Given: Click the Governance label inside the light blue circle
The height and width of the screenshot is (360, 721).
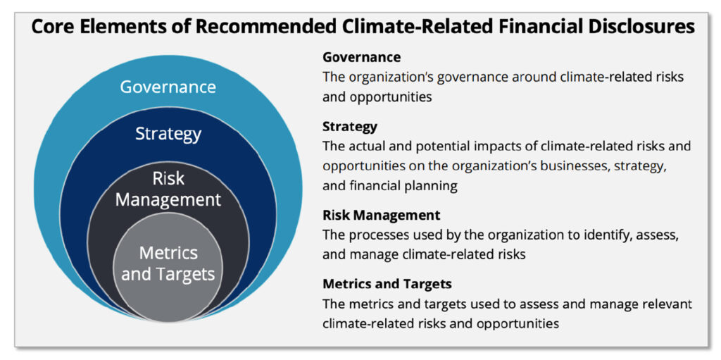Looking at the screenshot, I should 168,87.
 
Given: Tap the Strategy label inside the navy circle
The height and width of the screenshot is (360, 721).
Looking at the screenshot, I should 168,133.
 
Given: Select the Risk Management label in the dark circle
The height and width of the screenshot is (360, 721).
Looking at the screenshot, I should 168,189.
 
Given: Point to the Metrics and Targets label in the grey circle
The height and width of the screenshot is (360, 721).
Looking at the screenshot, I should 168,263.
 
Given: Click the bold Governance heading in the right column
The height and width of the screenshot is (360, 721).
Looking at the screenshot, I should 361,57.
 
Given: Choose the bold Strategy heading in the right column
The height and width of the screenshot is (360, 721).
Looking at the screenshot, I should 350,127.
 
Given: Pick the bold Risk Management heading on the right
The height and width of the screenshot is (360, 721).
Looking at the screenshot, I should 381,215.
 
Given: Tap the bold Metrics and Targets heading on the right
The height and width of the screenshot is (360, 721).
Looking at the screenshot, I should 387,284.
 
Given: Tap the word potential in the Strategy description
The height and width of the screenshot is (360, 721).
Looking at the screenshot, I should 425,147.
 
